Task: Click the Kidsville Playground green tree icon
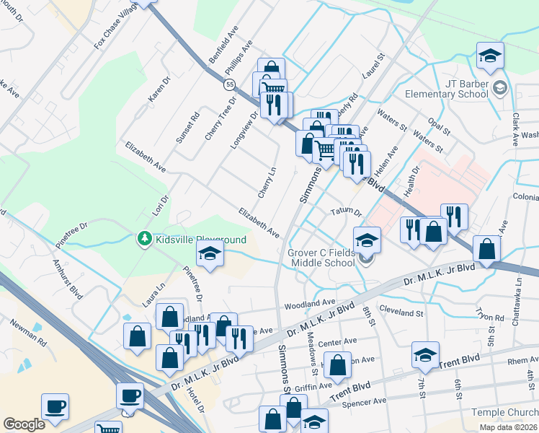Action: pyautogui.click(x=144, y=238)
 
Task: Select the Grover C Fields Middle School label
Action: pyautogui.click(x=321, y=258)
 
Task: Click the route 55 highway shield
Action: pyautogui.click(x=229, y=84)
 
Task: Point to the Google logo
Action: pyautogui.click(x=24, y=424)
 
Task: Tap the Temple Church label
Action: pyautogui.click(x=504, y=412)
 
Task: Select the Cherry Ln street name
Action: pyautogui.click(x=267, y=183)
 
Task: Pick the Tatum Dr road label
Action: pyautogui.click(x=345, y=211)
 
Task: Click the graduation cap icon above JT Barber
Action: pyautogui.click(x=489, y=56)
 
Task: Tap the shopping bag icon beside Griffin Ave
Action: pyautogui.click(x=337, y=366)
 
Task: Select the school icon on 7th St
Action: pyautogui.click(x=425, y=354)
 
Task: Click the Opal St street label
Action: pyautogui.click(x=437, y=125)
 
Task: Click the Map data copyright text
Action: pyautogui.click(x=509, y=427)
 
